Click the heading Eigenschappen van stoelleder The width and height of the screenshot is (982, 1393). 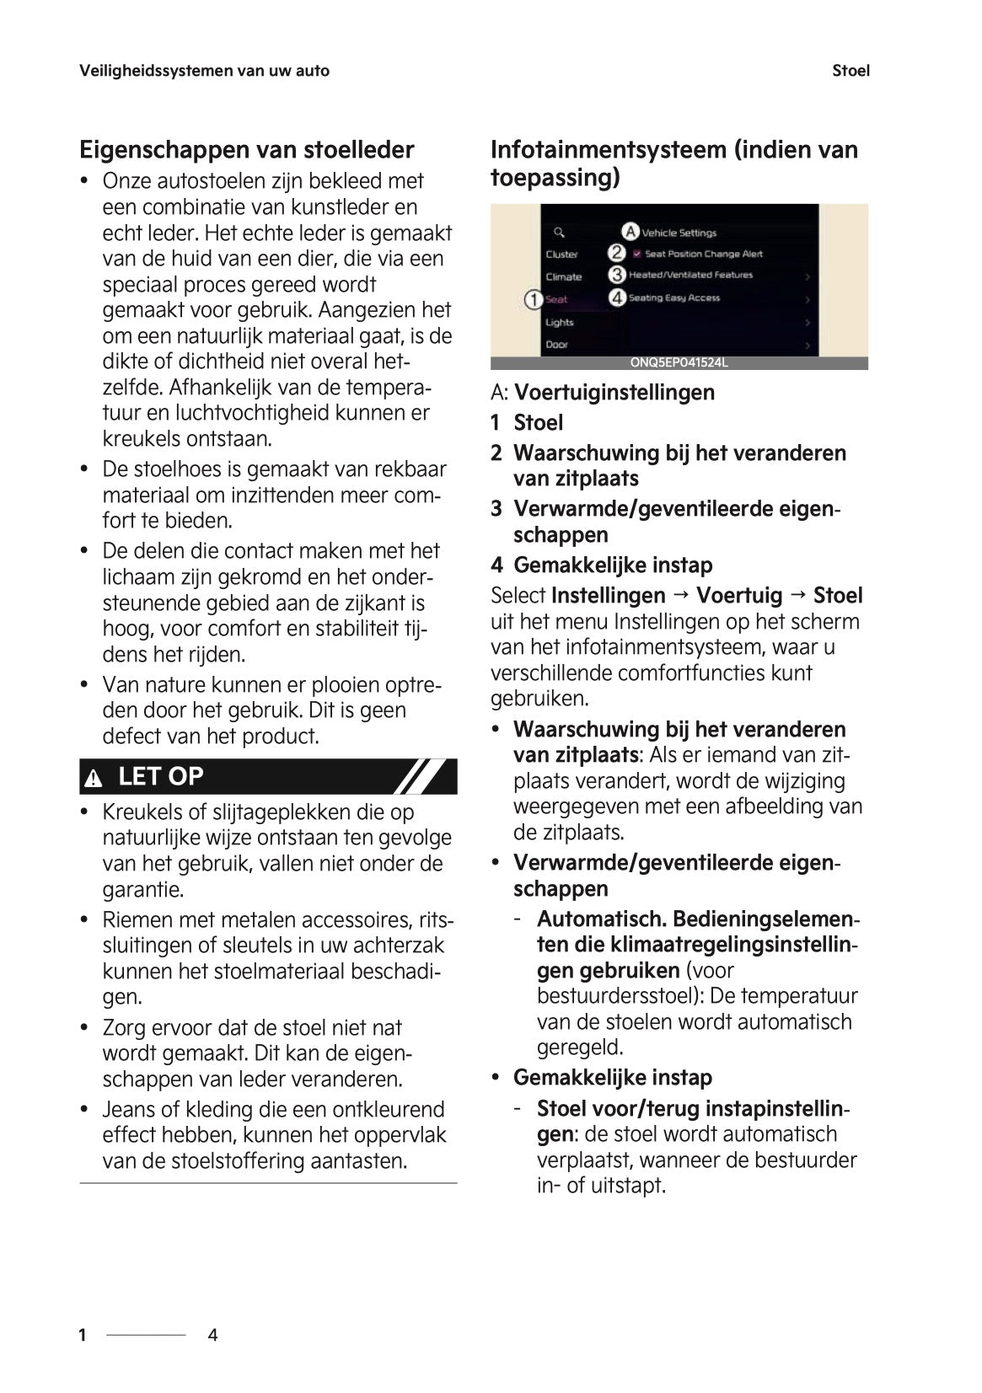coord(246,150)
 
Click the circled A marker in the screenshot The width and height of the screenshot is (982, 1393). coord(631,231)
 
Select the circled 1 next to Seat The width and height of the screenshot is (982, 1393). coord(533,299)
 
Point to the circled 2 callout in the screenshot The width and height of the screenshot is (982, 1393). coord(617,253)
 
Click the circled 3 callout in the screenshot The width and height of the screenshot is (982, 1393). coord(617,275)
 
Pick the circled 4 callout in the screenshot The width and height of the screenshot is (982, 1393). coord(617,297)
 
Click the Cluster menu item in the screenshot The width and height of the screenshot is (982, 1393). coord(561,254)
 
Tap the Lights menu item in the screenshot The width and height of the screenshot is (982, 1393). coord(559,322)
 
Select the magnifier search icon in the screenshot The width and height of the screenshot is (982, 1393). coord(558,232)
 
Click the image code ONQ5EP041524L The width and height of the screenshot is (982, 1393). coord(679,363)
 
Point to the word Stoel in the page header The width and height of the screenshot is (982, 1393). coord(850,71)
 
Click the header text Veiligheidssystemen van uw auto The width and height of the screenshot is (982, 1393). coord(204,71)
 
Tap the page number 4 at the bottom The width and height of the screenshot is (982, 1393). coord(212,1335)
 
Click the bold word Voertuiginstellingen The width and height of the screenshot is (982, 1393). coord(614,393)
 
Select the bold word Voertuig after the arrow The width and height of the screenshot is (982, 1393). coord(738,596)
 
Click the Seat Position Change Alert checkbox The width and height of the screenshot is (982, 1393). coord(637,253)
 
